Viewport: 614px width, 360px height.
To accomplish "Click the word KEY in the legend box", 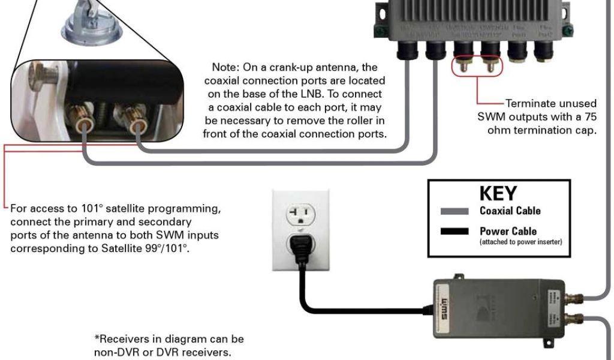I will point(498,193).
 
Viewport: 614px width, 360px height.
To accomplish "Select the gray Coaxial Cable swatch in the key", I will point(455,211).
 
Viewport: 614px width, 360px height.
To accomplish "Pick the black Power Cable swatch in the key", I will point(455,232).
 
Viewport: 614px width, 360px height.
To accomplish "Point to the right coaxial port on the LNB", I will point(139,126).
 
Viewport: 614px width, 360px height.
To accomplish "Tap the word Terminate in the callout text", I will point(531,103).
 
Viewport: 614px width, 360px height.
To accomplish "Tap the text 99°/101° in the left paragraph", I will point(165,248).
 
